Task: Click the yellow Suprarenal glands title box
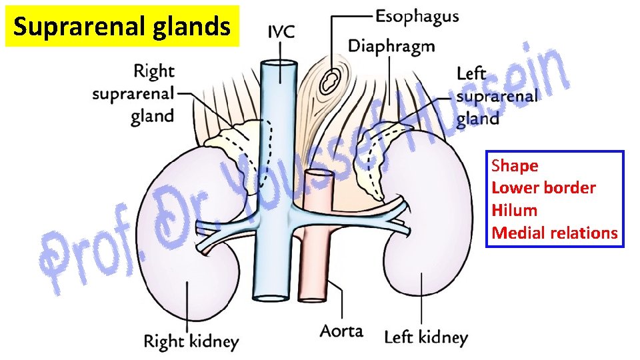(122, 27)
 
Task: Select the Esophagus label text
(417, 16)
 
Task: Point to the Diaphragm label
(391, 46)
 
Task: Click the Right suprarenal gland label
(133, 93)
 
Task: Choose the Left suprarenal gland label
(496, 96)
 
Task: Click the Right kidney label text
(191, 342)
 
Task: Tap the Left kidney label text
(426, 337)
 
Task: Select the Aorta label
(341, 331)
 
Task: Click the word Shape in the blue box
(515, 165)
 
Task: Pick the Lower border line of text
(543, 188)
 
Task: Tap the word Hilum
(514, 211)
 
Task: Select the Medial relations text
(555, 233)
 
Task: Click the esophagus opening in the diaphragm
(328, 81)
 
